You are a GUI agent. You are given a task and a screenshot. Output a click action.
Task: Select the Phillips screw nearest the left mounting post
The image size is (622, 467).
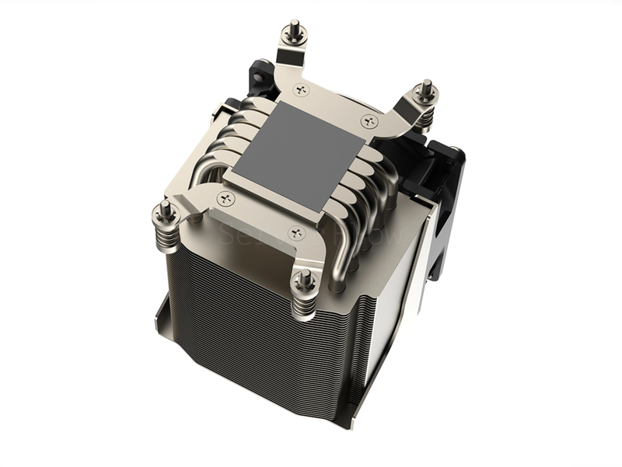tap(226, 197)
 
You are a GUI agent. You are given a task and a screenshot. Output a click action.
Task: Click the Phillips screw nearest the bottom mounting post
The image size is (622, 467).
tap(295, 232)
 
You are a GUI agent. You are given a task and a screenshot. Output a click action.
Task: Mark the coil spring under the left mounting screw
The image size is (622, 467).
tap(169, 234)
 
